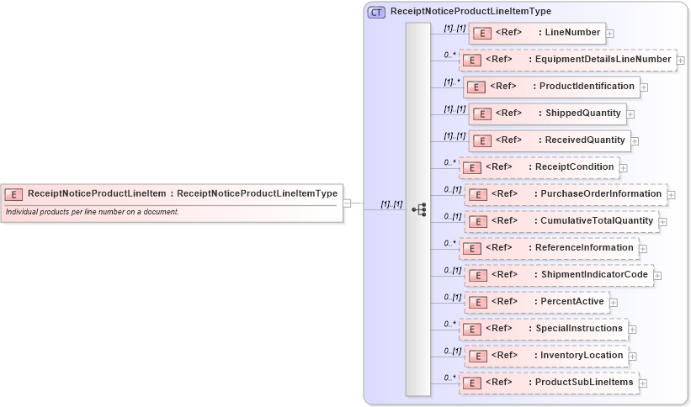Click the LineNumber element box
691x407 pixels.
tap(537, 33)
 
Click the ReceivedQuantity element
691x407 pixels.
tap(550, 140)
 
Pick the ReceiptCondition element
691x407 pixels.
tap(539, 166)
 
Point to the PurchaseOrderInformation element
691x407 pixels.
tap(566, 193)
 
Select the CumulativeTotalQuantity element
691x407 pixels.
tap(562, 220)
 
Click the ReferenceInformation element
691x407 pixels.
tap(549, 247)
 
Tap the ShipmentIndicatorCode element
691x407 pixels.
tap(559, 275)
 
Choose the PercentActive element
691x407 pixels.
tap(537, 302)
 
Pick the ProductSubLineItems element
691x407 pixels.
tap(549, 383)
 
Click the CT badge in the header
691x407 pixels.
tap(376, 12)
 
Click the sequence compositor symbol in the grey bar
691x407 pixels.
tap(418, 207)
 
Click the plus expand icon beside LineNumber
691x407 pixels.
tap(610, 34)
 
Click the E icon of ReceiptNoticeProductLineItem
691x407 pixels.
tap(13, 193)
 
